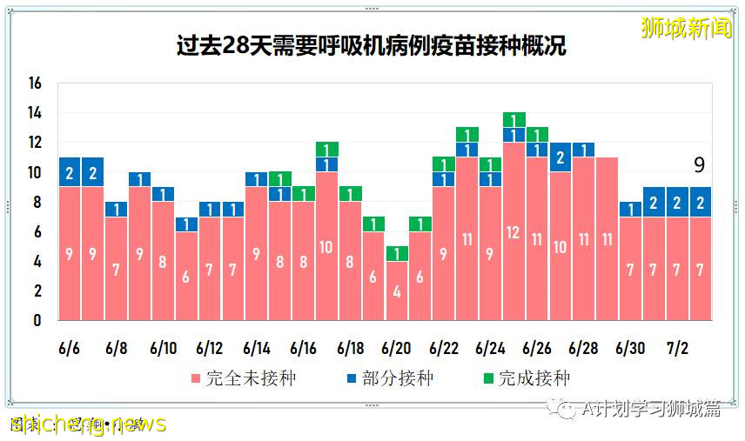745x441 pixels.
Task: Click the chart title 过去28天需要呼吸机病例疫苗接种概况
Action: click(372, 45)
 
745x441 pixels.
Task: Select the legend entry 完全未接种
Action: click(232, 378)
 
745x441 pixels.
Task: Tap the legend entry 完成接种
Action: click(525, 378)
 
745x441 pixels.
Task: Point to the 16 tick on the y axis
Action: click(35, 84)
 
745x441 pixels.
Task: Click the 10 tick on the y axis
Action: click(35, 173)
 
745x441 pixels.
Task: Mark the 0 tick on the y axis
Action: click(37, 321)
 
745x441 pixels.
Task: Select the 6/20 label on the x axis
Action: click(397, 349)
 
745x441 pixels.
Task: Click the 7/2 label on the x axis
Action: click(677, 349)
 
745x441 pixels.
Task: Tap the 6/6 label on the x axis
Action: click(70, 349)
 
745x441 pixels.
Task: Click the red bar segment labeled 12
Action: click(513, 231)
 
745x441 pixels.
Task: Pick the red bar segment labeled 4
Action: click(397, 291)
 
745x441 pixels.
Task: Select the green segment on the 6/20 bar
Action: click(397, 254)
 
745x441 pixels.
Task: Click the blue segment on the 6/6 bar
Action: click(70, 172)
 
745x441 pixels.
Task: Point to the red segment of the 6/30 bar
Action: click(630, 269)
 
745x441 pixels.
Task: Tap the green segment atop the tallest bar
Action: click(513, 120)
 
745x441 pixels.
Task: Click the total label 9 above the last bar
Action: click(699, 165)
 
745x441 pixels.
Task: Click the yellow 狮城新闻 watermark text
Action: click(686, 28)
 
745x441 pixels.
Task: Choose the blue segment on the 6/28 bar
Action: click(583, 150)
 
